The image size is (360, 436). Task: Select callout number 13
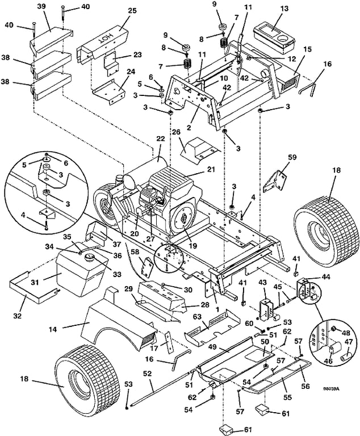pos(284,9)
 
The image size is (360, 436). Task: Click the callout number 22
pos(161,139)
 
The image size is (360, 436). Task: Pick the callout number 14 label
pos(53,329)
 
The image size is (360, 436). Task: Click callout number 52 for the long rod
pos(148,374)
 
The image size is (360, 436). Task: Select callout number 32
pos(17,316)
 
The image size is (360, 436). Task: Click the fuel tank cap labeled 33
pos(91,257)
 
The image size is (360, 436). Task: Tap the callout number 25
pos(132,11)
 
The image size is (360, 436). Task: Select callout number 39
pos(41,6)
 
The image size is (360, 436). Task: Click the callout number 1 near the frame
pos(218,309)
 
